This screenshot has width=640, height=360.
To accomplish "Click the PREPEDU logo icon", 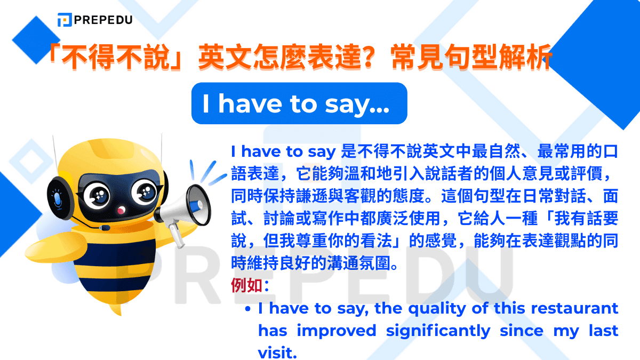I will pos(65,20).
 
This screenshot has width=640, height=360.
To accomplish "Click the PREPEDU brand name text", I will pos(103,20).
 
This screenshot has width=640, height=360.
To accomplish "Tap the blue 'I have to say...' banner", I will pos(299,103).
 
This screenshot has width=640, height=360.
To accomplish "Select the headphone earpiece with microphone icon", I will pos(57,198).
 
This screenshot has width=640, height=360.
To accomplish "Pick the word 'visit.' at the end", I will pos(277,353).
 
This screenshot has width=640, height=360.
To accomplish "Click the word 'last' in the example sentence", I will pos(603,331).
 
